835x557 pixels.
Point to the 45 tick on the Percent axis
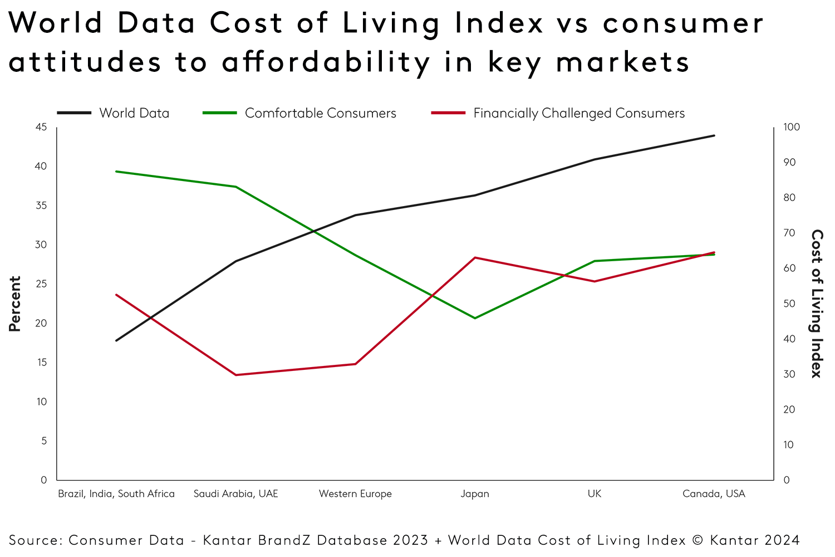tap(41, 127)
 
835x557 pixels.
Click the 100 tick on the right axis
tap(791, 127)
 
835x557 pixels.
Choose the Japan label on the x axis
tap(475, 494)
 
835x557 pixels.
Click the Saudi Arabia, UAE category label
tap(236, 494)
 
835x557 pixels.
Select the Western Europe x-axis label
tap(355, 494)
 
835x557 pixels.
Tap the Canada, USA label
tap(714, 494)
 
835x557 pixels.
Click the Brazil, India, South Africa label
tap(116, 494)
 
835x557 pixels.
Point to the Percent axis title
tap(15, 304)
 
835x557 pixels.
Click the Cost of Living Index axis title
tap(816, 304)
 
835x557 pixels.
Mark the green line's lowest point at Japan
tap(475, 318)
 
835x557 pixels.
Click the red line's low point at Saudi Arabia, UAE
tap(236, 375)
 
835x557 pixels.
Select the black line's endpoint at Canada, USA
tap(714, 135)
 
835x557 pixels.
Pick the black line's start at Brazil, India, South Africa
tap(116, 340)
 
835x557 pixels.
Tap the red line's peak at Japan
tap(475, 257)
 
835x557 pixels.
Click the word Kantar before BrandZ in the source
tap(227, 540)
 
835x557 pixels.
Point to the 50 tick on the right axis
tap(789, 304)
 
